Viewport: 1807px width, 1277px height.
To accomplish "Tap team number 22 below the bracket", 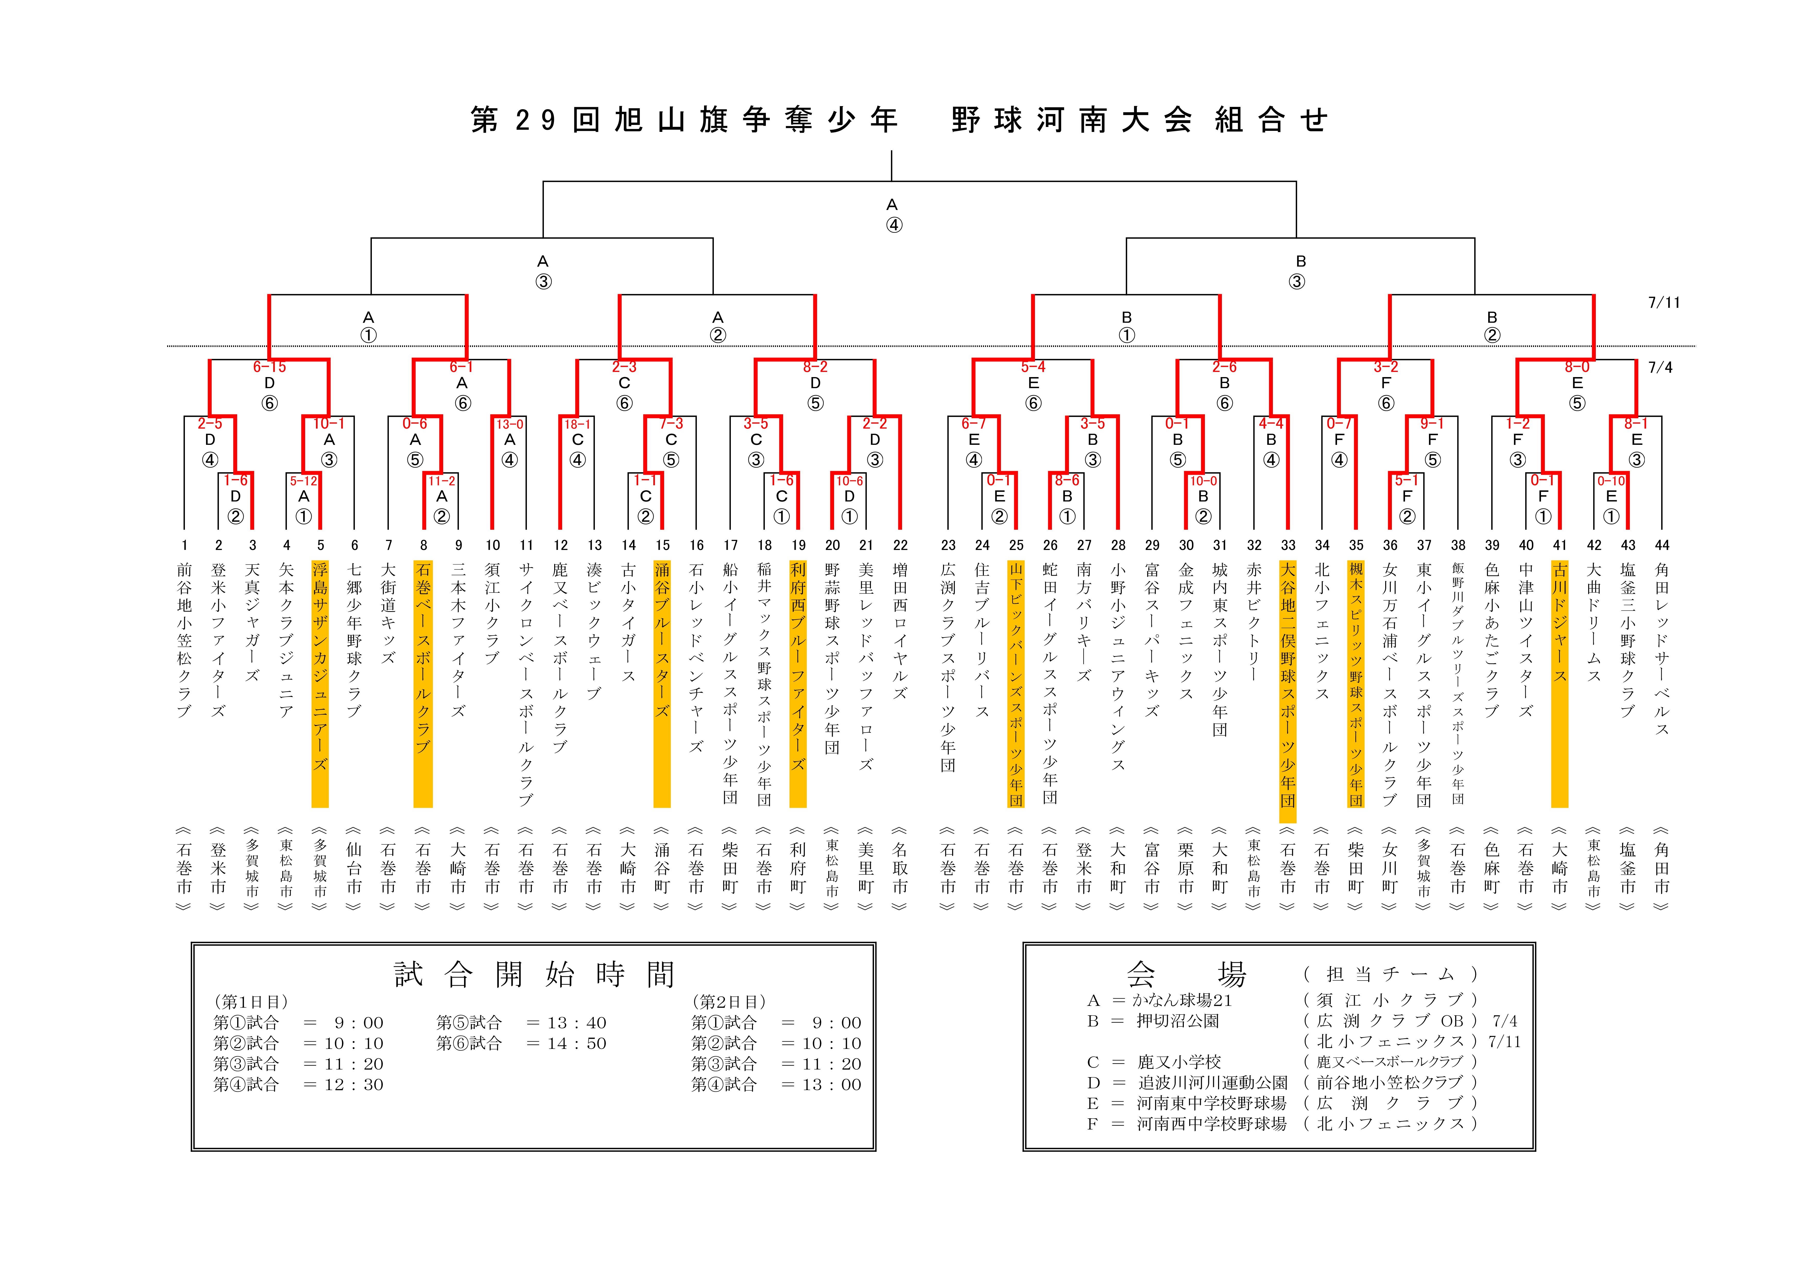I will click(x=900, y=545).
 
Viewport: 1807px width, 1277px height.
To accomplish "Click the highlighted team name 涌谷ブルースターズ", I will click(x=662, y=639).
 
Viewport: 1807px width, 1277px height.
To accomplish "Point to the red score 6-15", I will click(x=269, y=367).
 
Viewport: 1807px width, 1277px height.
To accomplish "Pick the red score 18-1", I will click(x=577, y=424).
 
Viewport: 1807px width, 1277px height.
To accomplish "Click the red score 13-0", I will click(x=509, y=424).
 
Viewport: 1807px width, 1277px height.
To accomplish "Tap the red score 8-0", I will click(x=1577, y=367).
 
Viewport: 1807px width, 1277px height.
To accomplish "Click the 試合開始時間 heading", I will click(x=534, y=975).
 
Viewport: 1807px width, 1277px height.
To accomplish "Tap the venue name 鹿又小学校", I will click(x=1179, y=1061).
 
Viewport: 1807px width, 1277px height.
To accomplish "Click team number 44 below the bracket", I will click(x=1662, y=545).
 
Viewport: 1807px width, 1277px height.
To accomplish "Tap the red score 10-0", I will click(x=1203, y=480).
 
